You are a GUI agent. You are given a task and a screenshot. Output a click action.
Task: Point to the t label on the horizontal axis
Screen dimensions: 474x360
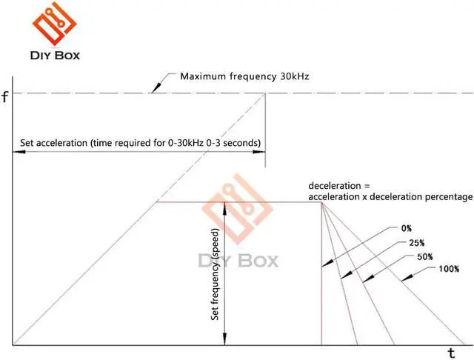click(451, 353)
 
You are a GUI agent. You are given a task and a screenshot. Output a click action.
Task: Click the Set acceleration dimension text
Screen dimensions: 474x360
click(137, 141)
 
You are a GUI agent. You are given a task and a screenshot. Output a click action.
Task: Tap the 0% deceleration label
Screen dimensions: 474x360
click(406, 228)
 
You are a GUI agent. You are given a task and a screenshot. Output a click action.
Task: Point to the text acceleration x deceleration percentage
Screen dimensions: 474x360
click(390, 196)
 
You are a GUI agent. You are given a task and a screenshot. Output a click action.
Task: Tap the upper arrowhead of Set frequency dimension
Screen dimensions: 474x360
click(225, 206)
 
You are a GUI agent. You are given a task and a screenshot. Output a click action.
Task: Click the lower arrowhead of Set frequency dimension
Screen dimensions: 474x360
click(225, 340)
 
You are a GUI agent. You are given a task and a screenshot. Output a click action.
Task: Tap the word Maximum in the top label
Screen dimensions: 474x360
click(203, 76)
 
